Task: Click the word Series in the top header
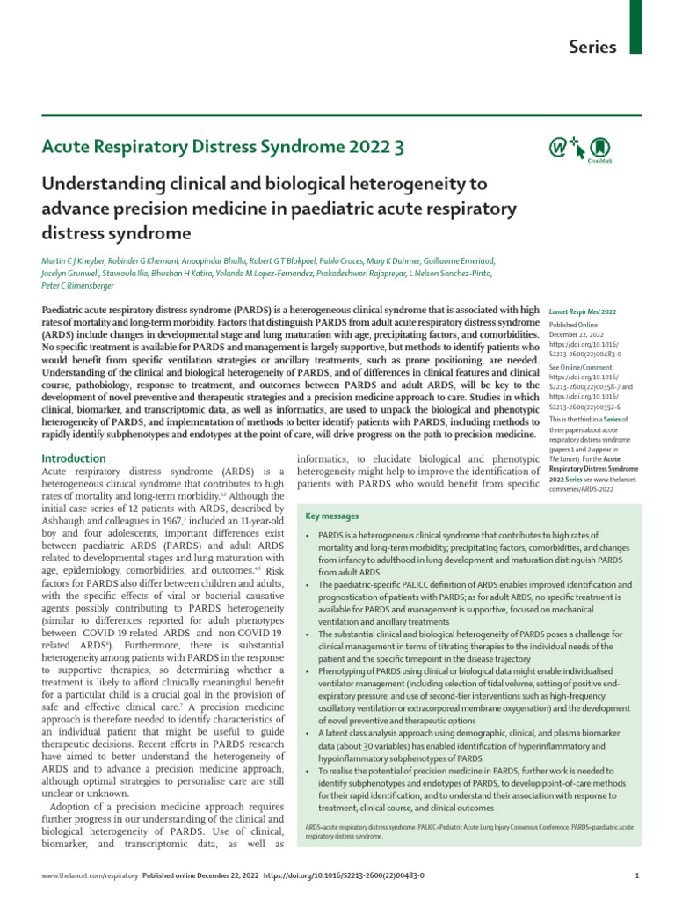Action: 594,47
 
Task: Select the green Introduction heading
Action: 75,458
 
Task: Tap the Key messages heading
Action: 331,516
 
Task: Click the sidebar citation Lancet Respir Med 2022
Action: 583,311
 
